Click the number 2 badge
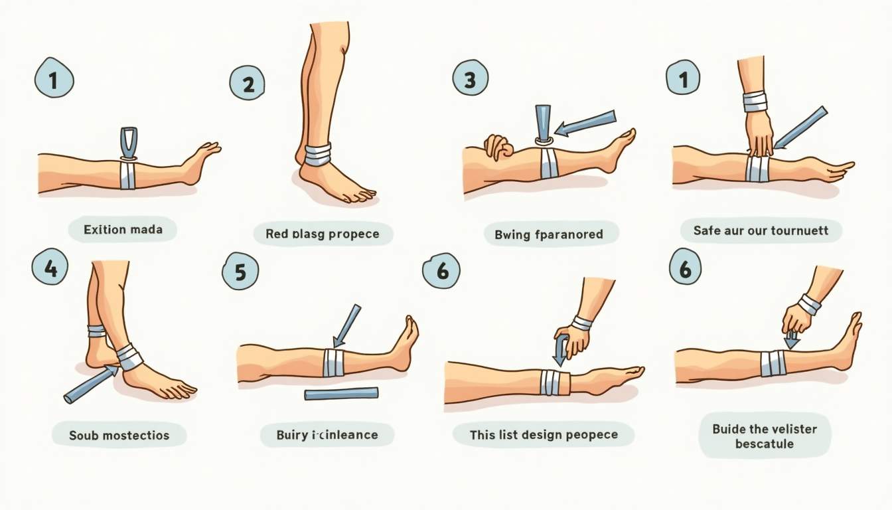pyautogui.click(x=248, y=83)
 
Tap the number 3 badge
pyautogui.click(x=471, y=78)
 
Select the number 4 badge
pyautogui.click(x=50, y=266)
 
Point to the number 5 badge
pyautogui.click(x=240, y=271)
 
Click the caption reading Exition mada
pyautogui.click(x=123, y=230)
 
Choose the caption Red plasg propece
pyautogui.click(x=323, y=234)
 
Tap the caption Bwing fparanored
pyautogui.click(x=549, y=234)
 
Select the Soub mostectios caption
pyautogui.click(x=119, y=435)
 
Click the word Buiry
pyautogui.click(x=292, y=435)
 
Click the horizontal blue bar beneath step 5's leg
pyautogui.click(x=341, y=394)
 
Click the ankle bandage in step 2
pyautogui.click(x=317, y=155)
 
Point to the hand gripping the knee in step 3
pyautogui.click(x=498, y=146)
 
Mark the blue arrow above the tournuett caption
pyautogui.click(x=800, y=127)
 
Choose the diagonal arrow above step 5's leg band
pyautogui.click(x=346, y=326)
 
